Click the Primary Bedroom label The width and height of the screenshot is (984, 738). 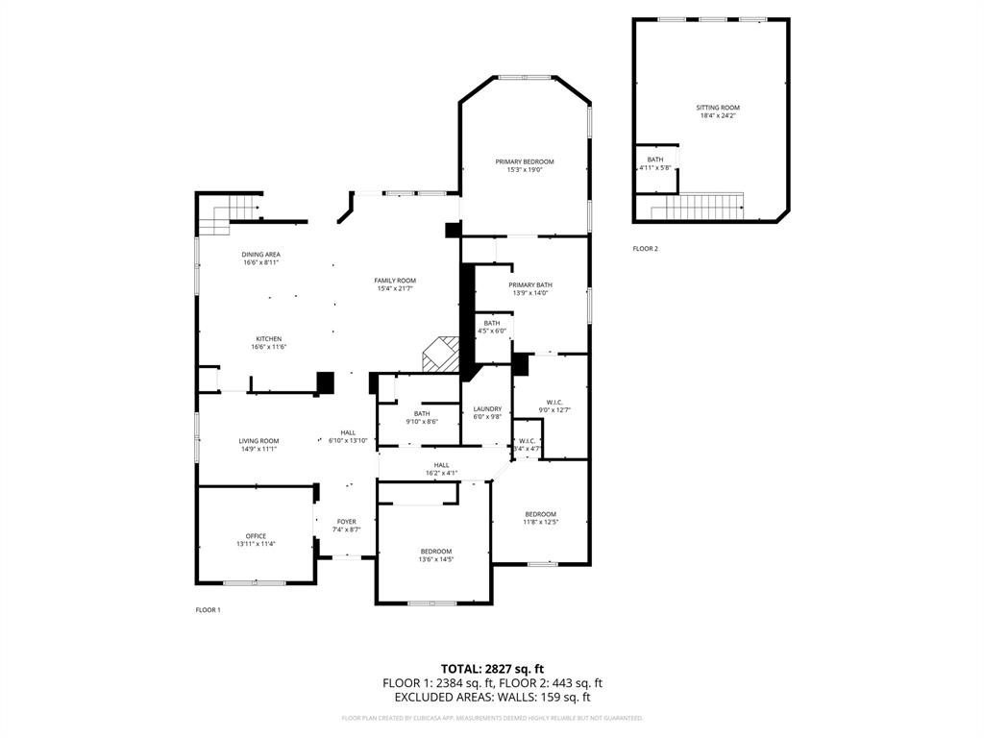525,161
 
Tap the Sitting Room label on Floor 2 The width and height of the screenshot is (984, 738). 718,108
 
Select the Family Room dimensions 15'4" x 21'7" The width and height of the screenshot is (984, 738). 395,289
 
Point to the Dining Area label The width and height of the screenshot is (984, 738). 260,254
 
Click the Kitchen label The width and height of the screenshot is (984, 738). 268,338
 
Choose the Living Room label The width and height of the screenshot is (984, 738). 258,440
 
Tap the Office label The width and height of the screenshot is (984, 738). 256,536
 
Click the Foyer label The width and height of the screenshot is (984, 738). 346,522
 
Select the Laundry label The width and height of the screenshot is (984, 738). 487,408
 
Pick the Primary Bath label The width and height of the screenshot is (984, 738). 530,284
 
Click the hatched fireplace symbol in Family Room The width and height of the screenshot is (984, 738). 442,353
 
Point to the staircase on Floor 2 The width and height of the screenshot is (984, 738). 698,206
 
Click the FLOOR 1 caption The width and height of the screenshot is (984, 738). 208,610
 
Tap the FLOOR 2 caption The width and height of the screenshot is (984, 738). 645,249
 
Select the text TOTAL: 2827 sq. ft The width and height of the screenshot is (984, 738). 492,668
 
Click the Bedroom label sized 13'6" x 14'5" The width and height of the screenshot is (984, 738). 435,551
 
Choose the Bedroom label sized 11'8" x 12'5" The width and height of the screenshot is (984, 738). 539,514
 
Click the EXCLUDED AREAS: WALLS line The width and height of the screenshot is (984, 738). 492,698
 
